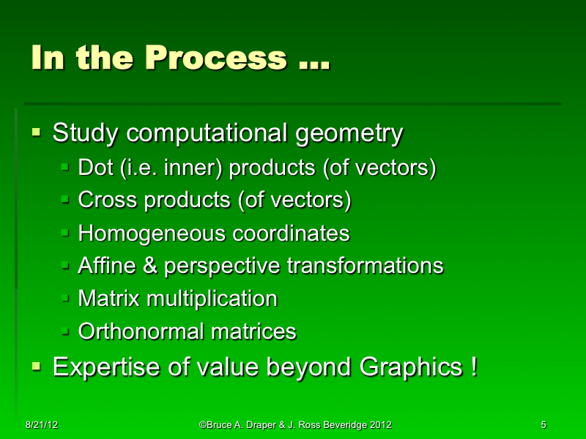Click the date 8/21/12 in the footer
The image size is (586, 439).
(40, 424)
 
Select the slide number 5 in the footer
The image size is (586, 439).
(543, 424)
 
